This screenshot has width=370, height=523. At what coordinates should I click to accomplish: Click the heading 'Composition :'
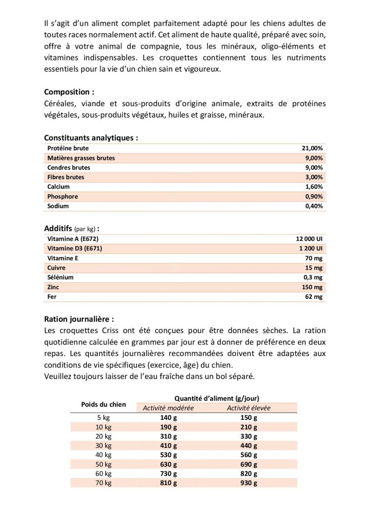coord(69,92)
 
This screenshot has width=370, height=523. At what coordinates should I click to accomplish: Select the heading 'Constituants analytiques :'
coord(91,138)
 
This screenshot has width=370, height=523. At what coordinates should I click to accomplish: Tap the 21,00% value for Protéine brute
coord(313,148)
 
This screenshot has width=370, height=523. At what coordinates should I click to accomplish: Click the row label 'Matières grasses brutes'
coord(81,158)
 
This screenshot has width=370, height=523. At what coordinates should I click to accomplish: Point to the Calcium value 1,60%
coord(314,187)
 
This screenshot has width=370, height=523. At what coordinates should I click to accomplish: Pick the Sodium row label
coord(58,206)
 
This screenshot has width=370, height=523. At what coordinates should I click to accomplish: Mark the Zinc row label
coord(53,287)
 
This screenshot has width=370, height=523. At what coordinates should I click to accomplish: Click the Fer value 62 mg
coord(314,297)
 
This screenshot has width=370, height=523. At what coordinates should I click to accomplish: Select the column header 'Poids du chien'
coord(103,404)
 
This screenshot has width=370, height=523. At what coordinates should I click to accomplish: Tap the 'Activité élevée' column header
coord(249,408)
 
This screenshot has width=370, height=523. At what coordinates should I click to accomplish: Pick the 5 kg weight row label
coord(104,417)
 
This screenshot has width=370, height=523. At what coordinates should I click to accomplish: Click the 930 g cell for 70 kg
coord(249,483)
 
